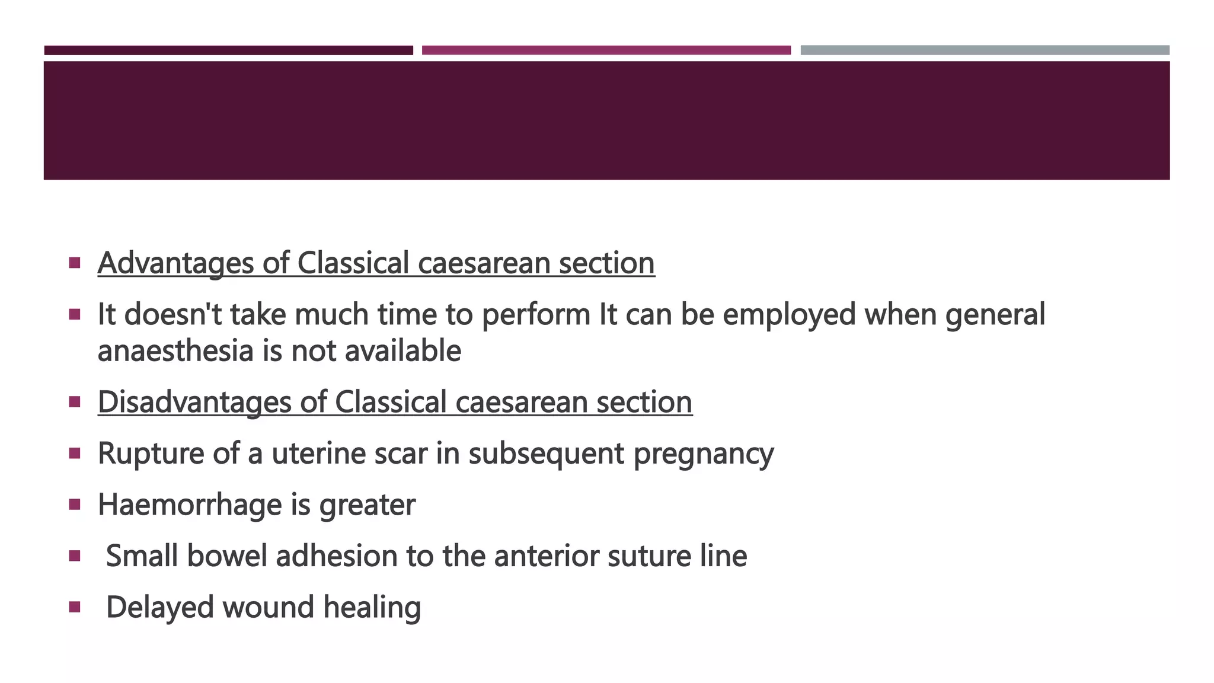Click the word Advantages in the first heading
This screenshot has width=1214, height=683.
coord(175,263)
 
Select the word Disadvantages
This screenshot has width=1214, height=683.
coord(194,402)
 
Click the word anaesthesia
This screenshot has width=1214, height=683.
coord(175,351)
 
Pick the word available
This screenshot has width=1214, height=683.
coord(402,351)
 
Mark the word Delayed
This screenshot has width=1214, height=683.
coord(159,608)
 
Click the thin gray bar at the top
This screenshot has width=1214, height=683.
coord(985,50)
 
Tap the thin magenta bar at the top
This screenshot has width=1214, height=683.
coord(606,50)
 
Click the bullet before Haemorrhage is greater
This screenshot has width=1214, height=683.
coord(74,505)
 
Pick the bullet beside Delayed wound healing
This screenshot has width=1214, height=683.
coord(74,607)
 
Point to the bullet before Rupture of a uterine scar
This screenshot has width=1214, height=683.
coord(74,454)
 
